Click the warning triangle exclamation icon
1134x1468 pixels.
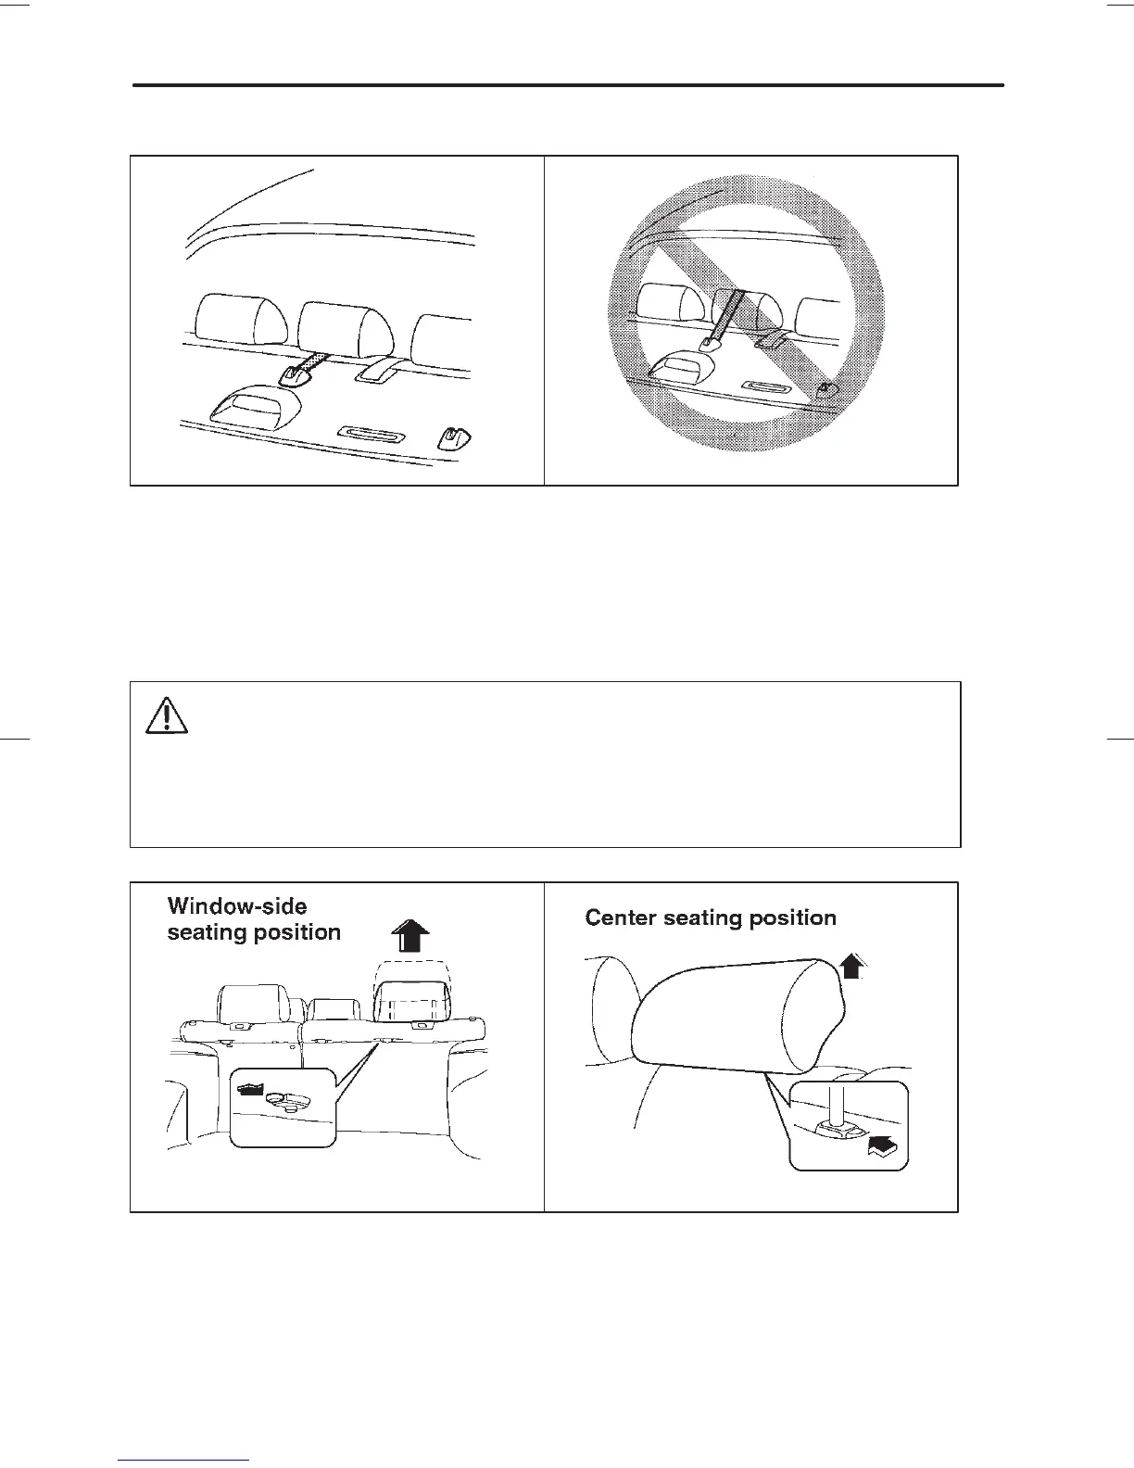[x=168, y=715]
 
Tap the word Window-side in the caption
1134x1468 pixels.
[x=237, y=906]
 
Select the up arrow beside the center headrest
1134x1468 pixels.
[x=852, y=968]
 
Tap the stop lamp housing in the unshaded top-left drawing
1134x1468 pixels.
[x=257, y=405]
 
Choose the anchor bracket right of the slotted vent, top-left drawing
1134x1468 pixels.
[x=454, y=434]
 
